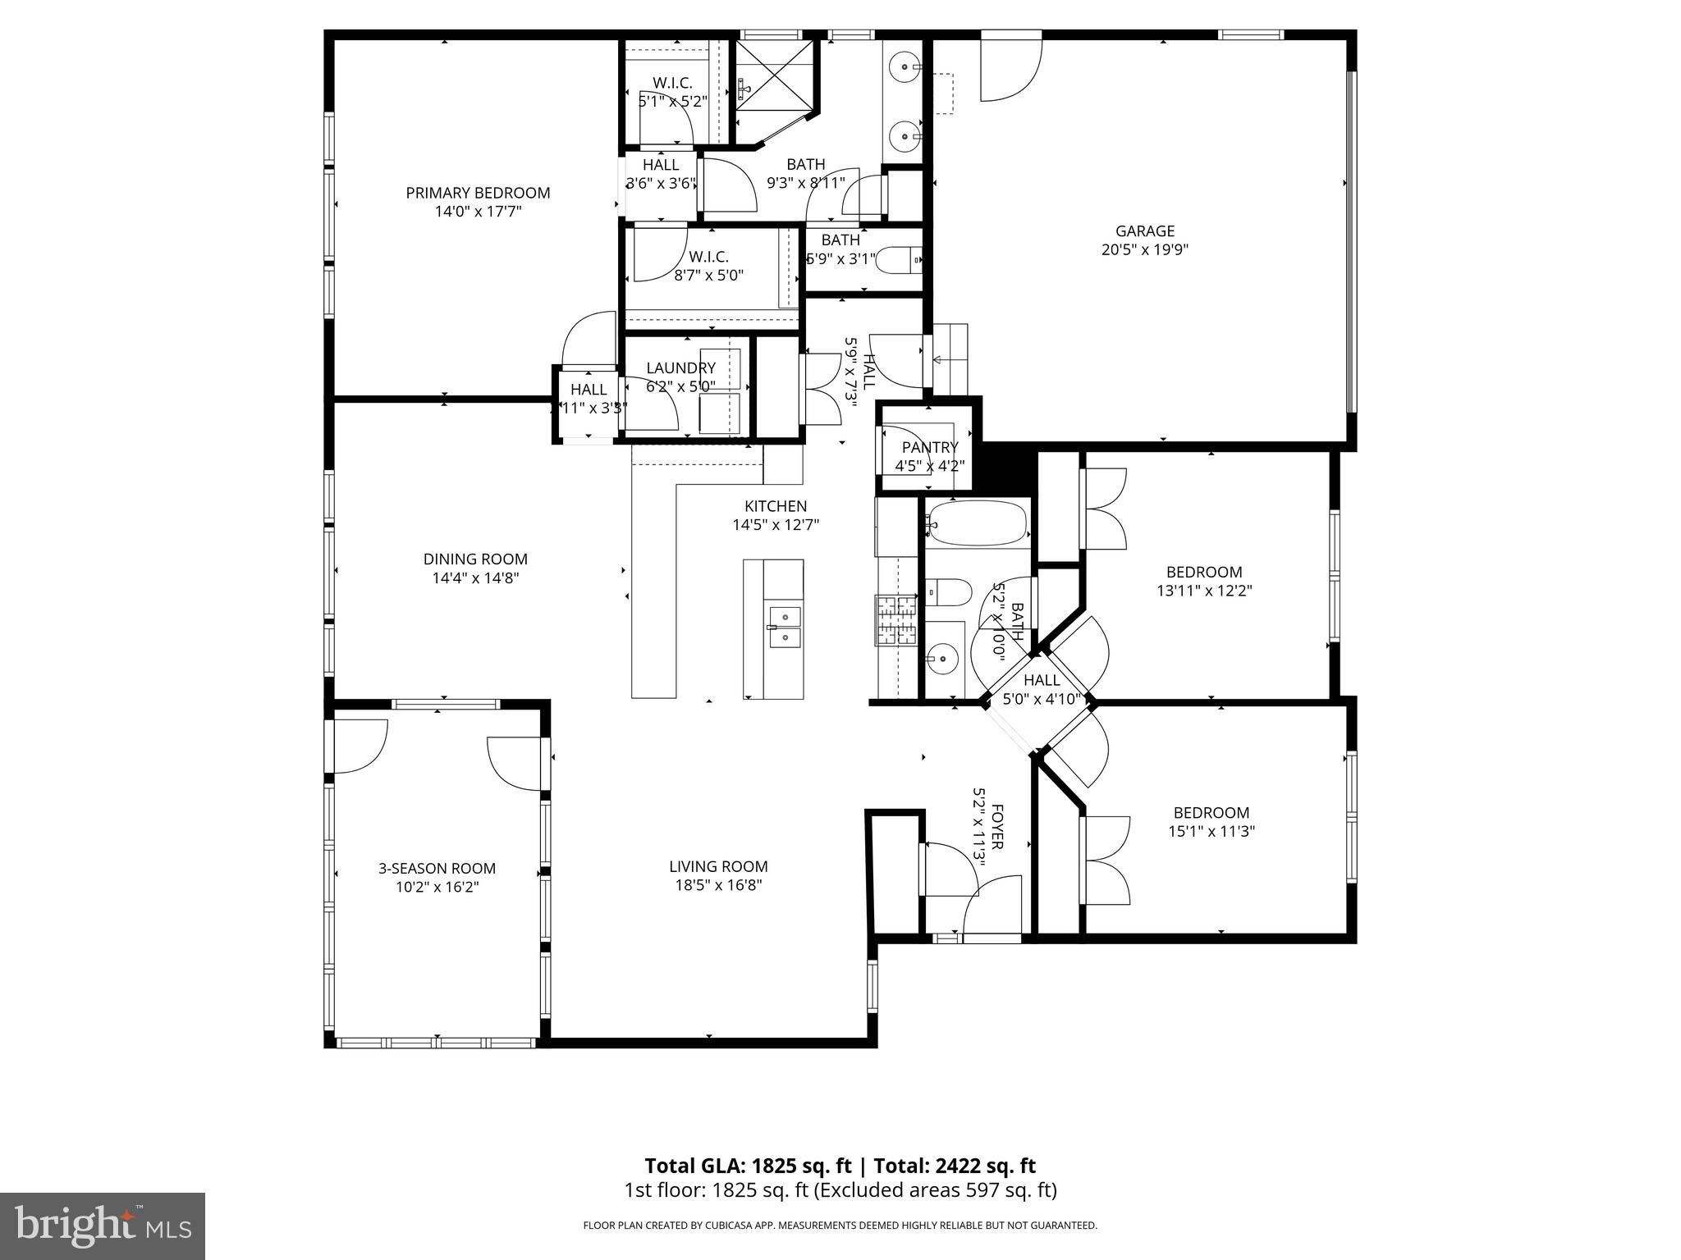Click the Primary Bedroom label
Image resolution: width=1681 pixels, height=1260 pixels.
(478, 193)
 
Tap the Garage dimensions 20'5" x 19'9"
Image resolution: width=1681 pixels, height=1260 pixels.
(1145, 249)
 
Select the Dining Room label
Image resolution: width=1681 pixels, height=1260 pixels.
(475, 559)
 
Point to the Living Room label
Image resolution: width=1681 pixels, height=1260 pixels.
(718, 866)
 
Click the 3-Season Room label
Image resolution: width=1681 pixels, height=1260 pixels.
(437, 868)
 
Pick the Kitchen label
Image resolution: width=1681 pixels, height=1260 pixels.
(776, 506)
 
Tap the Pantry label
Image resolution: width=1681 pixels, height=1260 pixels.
(930, 447)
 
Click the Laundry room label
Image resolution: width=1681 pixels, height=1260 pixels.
(680, 368)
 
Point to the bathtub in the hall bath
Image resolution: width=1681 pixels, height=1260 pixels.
(977, 523)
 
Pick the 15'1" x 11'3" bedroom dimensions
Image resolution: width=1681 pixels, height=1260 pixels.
(1212, 831)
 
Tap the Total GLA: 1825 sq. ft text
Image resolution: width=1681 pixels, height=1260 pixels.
(750, 1166)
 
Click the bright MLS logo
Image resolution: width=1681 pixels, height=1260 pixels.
(103, 1226)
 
